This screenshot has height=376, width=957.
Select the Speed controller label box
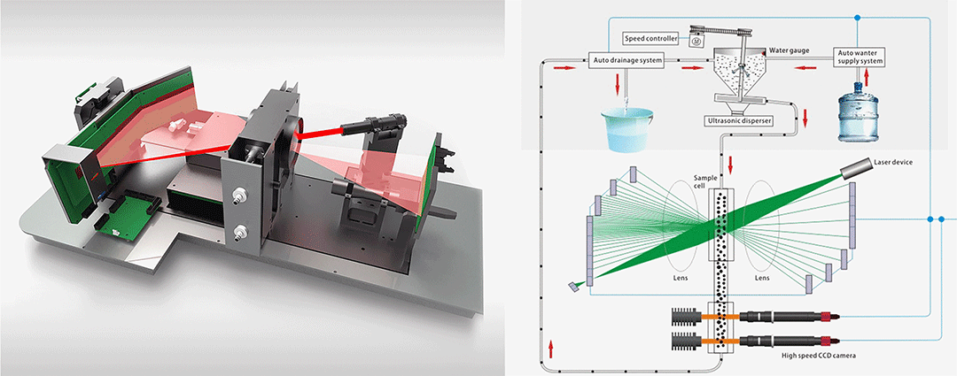pyautogui.click(x=650, y=39)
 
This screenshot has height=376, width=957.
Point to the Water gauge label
pyautogui.click(x=790, y=51)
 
